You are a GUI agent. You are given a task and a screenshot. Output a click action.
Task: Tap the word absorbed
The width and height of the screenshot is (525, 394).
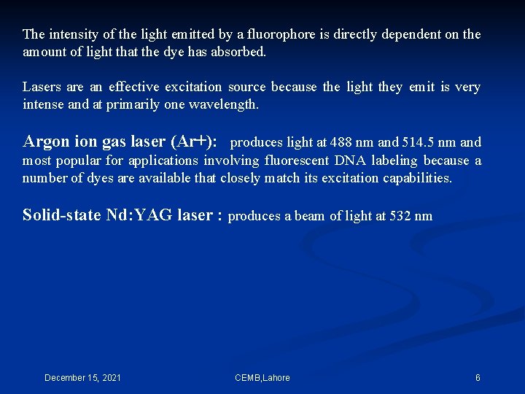click(241, 53)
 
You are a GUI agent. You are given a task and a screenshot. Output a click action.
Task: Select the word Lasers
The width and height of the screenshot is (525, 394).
click(42, 88)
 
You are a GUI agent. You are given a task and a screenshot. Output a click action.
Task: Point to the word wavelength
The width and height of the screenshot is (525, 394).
click(222, 104)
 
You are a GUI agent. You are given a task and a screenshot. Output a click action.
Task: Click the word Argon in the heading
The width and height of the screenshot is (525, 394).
click(46, 142)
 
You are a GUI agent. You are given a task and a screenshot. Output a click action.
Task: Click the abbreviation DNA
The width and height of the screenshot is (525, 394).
click(350, 161)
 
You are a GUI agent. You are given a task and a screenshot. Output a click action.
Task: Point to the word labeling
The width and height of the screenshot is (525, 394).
click(394, 161)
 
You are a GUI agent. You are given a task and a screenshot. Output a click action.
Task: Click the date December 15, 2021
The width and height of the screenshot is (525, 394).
click(83, 378)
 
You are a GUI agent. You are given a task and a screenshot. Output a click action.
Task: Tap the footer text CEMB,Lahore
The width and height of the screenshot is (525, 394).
click(262, 378)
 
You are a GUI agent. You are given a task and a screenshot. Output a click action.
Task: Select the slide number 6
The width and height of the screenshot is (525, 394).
click(478, 378)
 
